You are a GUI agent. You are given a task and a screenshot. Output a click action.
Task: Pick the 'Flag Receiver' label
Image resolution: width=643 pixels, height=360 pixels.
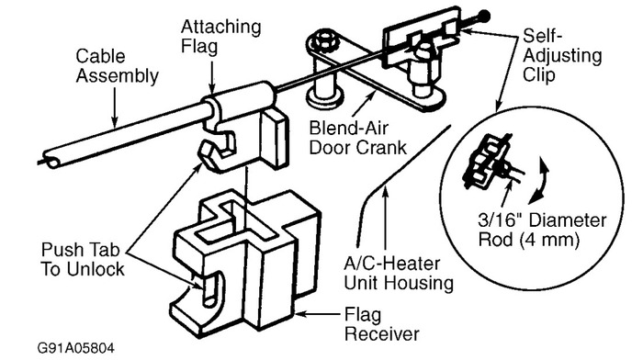pos(368,322)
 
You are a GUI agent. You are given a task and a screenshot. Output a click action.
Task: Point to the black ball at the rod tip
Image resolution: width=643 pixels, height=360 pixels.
pos(483,16)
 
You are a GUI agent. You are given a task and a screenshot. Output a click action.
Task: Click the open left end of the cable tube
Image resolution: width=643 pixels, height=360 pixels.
pos(52,162)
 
